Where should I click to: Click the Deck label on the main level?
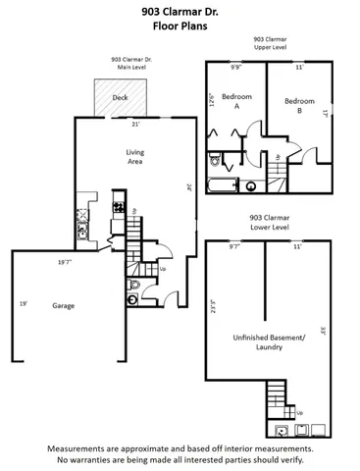(120, 98)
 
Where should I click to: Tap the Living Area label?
(135, 157)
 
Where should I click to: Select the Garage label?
(63, 305)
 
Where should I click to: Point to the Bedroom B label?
(299, 101)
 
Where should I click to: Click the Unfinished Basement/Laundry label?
(269, 341)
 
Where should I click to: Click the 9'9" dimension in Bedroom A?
(235, 68)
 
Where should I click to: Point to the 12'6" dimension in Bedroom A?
(211, 101)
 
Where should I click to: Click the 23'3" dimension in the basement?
(212, 304)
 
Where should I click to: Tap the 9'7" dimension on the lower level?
(233, 247)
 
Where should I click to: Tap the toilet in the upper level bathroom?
(251, 184)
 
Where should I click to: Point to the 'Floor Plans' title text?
(180, 29)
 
